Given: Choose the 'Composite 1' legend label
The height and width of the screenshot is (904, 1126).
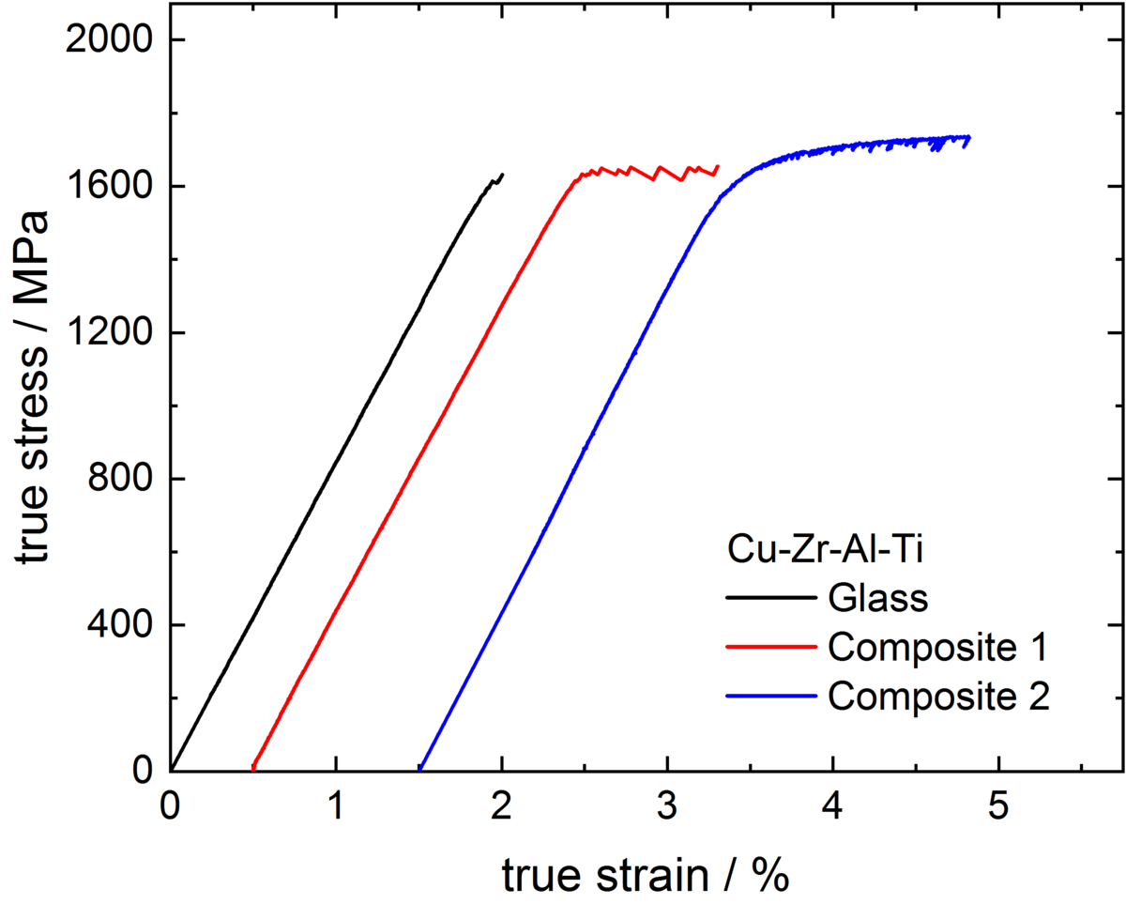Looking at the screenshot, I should pos(936,647).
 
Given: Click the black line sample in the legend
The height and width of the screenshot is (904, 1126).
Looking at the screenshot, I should pos(771,598).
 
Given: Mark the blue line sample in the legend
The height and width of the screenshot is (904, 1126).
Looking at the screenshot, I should pos(771,696).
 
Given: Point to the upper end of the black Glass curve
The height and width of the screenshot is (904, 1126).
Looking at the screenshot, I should pos(503,174).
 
